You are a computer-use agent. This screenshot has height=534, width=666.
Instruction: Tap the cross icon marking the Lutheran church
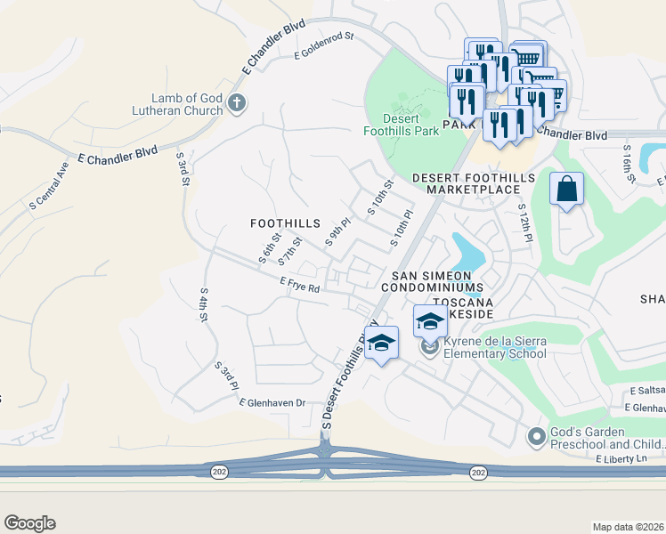(x=236, y=102)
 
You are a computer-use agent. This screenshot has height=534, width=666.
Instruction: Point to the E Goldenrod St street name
(x=324, y=45)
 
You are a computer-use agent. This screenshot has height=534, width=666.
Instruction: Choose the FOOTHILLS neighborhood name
(x=285, y=223)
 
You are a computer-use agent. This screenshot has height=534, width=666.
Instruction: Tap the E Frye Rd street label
(x=299, y=285)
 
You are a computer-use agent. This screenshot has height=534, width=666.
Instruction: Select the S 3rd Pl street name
(x=226, y=376)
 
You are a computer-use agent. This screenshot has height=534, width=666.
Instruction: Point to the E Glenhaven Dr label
(x=272, y=403)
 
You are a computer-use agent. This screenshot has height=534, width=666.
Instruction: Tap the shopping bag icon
(x=566, y=190)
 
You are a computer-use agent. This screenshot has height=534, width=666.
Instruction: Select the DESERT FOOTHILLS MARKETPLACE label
(x=473, y=184)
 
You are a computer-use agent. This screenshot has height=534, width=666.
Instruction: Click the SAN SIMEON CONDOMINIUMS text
(x=432, y=282)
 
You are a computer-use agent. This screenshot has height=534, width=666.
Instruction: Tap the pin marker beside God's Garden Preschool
(x=536, y=437)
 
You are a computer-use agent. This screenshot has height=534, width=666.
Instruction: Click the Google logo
(x=29, y=523)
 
